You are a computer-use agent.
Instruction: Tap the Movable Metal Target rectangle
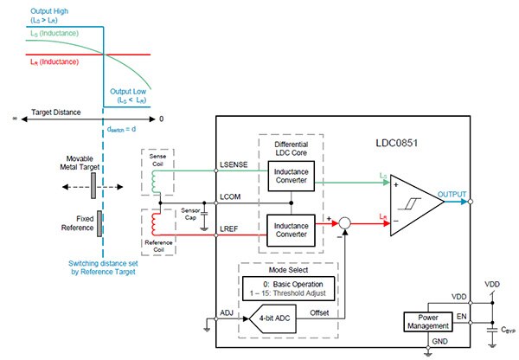coord(101,185)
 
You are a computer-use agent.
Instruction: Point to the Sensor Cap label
coord(191,215)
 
